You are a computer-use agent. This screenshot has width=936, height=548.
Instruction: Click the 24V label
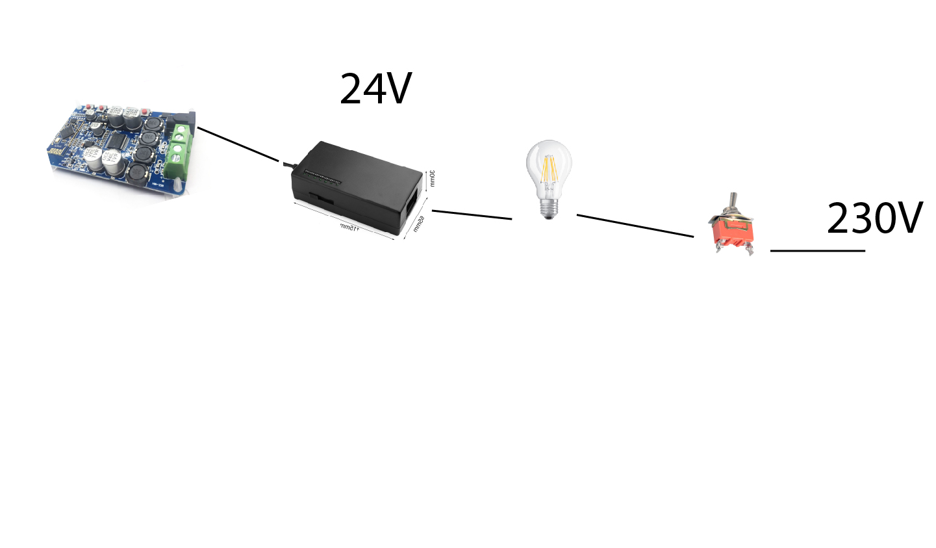pos(375,89)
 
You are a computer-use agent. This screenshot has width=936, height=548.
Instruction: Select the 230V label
pos(874,218)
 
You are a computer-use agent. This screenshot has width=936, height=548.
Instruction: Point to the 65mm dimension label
pos(419,224)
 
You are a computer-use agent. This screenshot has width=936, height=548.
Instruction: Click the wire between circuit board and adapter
pos(238,144)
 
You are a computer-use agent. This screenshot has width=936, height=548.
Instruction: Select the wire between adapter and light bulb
pos(472,215)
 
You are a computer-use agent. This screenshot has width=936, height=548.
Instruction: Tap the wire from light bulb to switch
pos(635,226)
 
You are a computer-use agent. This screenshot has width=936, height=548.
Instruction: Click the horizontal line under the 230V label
pos(817,250)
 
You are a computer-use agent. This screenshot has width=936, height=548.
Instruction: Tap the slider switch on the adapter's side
pos(321,198)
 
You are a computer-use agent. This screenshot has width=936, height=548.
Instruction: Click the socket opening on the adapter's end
pos(411,201)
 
